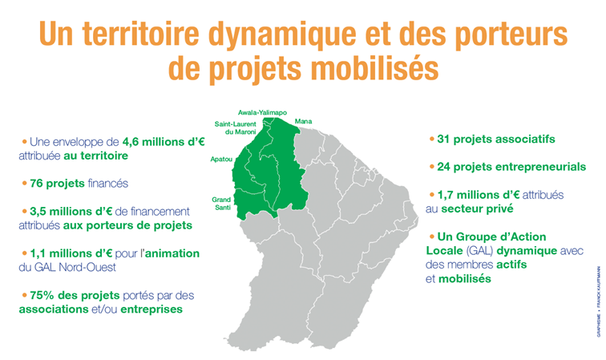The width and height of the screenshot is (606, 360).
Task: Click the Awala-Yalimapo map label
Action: [262, 112]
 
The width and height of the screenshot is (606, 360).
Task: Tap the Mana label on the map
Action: [303, 121]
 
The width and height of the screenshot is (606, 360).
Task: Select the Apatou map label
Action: [221, 160]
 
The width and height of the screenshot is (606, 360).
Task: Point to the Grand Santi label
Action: [221, 204]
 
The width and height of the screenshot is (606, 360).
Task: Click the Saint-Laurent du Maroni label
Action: [236, 128]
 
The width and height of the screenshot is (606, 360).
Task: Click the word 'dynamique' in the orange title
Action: [282, 34]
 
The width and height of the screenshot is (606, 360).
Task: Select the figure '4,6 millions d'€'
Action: [164, 142]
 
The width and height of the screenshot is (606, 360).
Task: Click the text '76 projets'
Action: [57, 184]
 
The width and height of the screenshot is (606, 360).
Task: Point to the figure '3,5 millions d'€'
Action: [71, 212]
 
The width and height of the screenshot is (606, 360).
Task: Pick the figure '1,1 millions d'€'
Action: [71, 253]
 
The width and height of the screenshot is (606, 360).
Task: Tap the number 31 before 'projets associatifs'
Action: [443, 140]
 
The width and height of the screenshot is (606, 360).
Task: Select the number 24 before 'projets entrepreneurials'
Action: [444, 167]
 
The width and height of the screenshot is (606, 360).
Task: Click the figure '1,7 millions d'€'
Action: [479, 195]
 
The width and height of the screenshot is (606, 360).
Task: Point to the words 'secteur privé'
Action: [477, 209]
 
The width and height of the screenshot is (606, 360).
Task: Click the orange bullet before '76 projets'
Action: [24, 184]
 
